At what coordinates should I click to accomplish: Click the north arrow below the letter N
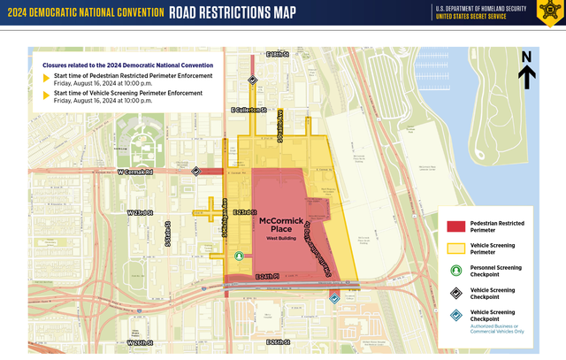coord(525,78)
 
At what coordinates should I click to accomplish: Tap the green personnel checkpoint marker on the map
coord(239,256)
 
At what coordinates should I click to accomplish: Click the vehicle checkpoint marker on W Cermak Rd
coord(196,172)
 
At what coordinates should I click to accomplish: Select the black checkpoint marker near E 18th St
coord(252,80)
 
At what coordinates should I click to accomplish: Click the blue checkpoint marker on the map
coord(333,298)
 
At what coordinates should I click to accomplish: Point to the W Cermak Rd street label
coord(135,172)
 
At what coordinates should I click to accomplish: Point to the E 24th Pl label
coord(267,277)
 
